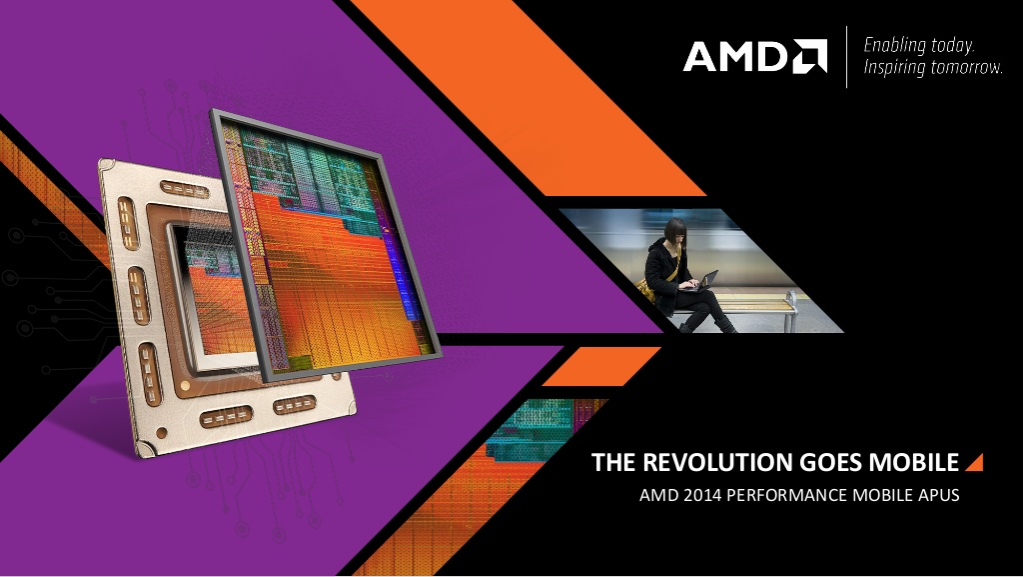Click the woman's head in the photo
tap(674, 230)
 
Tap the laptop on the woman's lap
tap(701, 281)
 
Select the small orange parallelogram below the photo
tap(600, 366)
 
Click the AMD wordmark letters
tap(737, 56)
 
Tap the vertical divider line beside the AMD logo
tap(847, 57)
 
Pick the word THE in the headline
tap(614, 462)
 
